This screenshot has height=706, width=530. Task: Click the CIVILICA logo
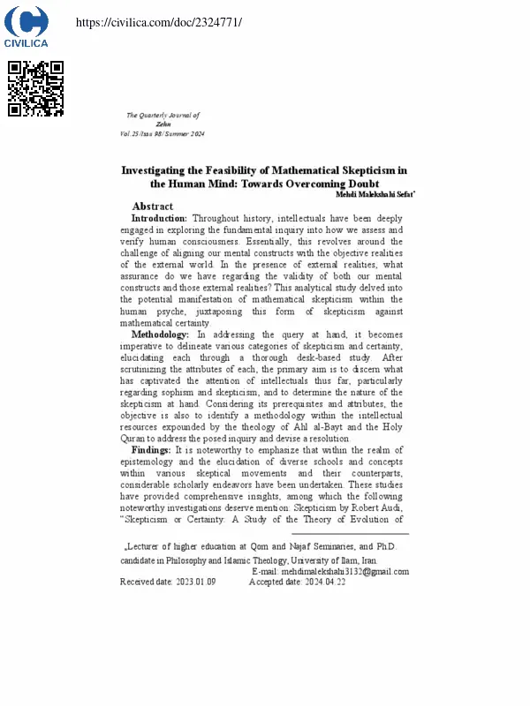(26, 26)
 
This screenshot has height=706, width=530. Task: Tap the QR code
(35, 88)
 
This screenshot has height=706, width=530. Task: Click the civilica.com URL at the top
(159, 21)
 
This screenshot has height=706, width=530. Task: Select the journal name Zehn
(163, 124)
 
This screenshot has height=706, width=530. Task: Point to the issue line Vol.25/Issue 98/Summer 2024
(162, 133)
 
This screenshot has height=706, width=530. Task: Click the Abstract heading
(152, 207)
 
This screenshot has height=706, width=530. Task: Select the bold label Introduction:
(159, 217)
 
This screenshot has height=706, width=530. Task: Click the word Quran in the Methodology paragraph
(135, 439)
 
